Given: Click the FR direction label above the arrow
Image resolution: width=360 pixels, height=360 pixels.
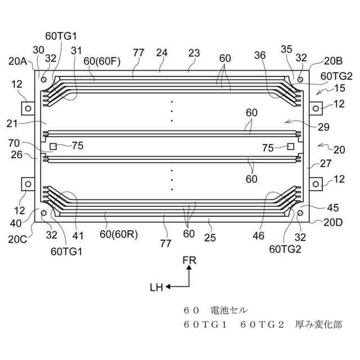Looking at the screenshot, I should pos(190,260).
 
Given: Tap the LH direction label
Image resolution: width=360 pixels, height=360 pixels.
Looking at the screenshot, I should pos(156,287).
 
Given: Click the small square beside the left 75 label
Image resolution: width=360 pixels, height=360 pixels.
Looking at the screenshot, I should pos(53,147).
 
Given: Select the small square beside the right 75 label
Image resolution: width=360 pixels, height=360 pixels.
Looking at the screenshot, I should pos(290,147).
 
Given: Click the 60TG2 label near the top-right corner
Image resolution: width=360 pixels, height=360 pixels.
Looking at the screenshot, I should pos(336,75).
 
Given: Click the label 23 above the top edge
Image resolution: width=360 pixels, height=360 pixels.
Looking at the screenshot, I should pos(194,53).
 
